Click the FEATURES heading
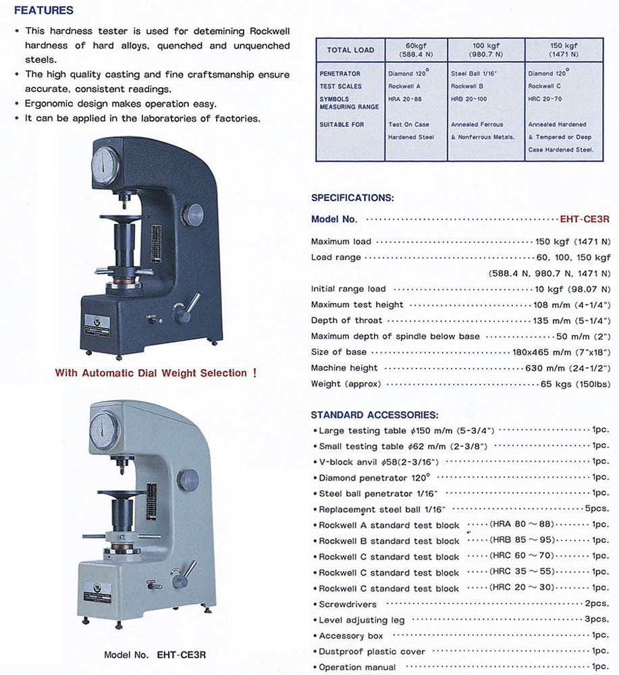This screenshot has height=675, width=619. click(44, 11)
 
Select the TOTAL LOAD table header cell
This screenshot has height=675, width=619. click(350, 50)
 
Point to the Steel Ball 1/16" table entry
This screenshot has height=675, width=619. click(474, 74)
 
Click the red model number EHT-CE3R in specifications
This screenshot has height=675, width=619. click(585, 219)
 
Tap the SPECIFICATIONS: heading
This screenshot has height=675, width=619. click(352, 198)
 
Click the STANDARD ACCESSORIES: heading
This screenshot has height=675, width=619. click(375, 414)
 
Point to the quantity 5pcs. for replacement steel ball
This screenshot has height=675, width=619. click(597, 509)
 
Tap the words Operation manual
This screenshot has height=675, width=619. click(358, 667)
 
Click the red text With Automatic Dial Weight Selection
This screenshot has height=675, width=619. click(156, 373)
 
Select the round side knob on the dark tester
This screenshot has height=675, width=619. click(193, 215)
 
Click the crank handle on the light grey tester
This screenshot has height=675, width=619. click(183, 575)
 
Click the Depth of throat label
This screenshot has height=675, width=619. click(346, 320)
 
